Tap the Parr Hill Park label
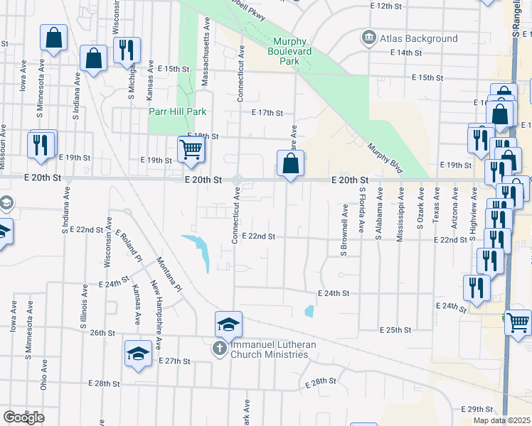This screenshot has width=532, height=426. (177, 111)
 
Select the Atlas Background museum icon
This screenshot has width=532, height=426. (369, 38)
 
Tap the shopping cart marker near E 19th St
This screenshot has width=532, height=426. (191, 151)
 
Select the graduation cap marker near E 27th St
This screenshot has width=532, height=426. (138, 355)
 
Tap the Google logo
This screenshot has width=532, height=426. (23, 417)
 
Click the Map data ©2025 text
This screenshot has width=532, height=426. (502, 420)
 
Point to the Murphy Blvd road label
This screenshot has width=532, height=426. (385, 157)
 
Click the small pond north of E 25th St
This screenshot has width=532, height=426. (309, 310)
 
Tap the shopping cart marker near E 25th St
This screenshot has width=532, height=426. (517, 322)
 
